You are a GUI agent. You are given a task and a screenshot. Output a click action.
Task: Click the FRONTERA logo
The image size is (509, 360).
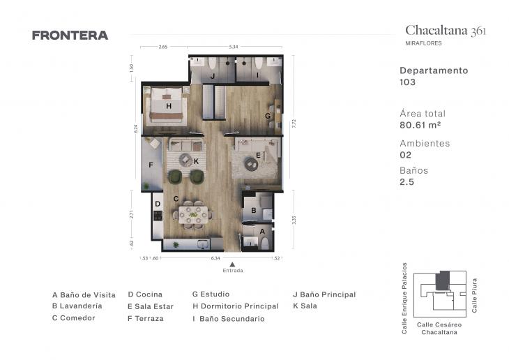tap(70, 36)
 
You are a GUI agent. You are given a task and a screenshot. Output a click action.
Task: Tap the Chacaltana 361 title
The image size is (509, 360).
tap(446, 30)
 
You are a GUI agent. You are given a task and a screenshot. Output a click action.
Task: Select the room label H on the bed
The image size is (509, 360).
tap(168, 106)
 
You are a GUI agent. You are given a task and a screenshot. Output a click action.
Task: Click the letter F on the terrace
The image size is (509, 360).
tap(151, 165)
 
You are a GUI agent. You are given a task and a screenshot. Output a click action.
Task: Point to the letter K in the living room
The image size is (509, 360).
tap(197, 161)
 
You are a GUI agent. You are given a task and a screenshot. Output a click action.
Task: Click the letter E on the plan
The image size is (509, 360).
tap(258, 155)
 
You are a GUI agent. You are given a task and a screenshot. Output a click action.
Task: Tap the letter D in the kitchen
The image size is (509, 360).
tap(158, 204)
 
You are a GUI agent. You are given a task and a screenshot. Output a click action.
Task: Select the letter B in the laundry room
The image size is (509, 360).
tap(254, 209)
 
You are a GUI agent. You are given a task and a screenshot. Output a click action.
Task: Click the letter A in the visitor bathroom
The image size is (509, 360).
tap(262, 231)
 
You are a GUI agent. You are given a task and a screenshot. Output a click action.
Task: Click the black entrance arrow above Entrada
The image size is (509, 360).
tap(232, 263)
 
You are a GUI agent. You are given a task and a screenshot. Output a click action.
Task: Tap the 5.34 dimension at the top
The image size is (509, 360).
tap(234, 47)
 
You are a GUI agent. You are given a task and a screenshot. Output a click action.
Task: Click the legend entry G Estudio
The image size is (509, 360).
tap(211, 294)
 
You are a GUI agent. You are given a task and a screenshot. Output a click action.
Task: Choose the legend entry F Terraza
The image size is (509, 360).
tap(146, 318)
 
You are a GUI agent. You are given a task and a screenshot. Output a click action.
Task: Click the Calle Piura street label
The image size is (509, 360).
tap(475, 293)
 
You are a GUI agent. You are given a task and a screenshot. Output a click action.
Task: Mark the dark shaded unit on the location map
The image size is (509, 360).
tap(442, 281)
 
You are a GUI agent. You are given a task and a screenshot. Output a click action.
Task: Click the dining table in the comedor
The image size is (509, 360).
tap(191, 214)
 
